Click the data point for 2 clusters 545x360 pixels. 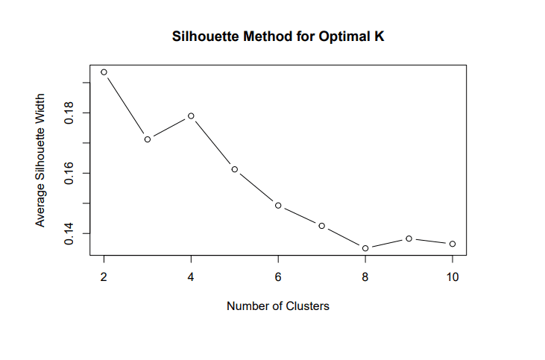coord(104,72)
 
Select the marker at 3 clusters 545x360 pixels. coord(148,139)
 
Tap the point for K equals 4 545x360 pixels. coord(191,116)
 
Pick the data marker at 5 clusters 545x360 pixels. coord(234,169)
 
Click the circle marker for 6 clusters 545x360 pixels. coord(278,205)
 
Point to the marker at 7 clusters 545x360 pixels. coord(321,226)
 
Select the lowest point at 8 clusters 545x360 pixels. coord(365,248)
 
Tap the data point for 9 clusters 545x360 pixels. coord(409,239)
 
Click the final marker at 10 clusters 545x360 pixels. coord(453,244)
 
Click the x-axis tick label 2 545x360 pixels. coord(104,276)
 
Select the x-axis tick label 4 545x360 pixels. coord(191,276)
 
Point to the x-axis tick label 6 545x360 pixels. coord(278,276)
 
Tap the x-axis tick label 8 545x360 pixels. coord(365,276)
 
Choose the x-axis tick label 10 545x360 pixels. coord(453,276)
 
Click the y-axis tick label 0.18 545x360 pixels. coord(69,113)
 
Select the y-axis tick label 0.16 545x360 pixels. coord(69,174)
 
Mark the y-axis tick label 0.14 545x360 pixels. coord(69,234)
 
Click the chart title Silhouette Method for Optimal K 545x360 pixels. coord(278,37)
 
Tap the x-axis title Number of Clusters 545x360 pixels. coord(278,306)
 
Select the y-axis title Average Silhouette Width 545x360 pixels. coord(41,160)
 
